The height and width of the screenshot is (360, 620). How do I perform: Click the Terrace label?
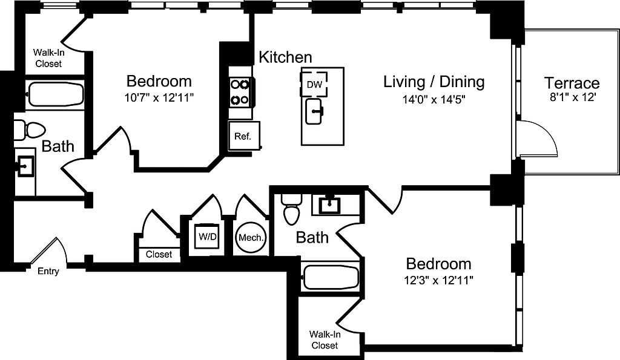point(572,83)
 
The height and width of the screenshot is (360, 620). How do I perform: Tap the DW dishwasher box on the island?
point(314,84)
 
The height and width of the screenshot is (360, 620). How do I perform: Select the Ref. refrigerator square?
point(243,136)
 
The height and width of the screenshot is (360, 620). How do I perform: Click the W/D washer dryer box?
point(208,237)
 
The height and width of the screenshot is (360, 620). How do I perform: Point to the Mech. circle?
point(251,238)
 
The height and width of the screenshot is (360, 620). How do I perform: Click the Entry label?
point(48,271)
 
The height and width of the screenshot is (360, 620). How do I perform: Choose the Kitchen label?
point(285,57)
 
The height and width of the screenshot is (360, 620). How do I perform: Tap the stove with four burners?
point(240,92)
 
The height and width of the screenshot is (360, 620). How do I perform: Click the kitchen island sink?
point(315,111)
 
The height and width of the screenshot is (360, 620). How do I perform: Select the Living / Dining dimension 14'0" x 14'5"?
point(434,100)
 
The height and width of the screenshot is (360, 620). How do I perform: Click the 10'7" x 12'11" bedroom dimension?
point(159,97)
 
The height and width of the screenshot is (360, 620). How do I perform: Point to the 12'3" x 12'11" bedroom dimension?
point(438,280)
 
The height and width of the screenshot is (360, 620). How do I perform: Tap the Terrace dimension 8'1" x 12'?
point(573,97)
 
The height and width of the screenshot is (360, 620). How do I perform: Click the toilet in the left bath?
point(30,130)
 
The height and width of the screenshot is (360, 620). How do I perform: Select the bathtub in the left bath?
point(55,94)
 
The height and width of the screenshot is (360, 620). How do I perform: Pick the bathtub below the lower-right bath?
point(331,277)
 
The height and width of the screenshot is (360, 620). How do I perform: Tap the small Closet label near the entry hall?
point(159,254)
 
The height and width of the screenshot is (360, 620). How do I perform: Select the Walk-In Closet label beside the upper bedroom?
point(48,57)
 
